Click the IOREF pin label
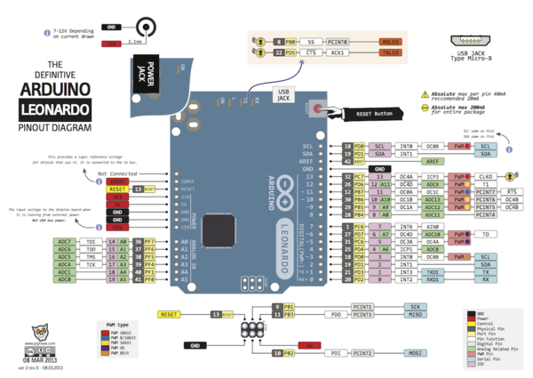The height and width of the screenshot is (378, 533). click(x=117, y=181)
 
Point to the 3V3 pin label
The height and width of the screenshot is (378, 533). click(x=117, y=197)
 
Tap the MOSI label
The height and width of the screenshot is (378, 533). click(x=415, y=353)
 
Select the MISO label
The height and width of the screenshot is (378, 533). click(x=415, y=314)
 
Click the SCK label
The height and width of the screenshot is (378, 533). click(x=415, y=306)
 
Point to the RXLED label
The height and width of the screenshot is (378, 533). click(x=389, y=42)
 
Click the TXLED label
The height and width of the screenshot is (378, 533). click(x=389, y=53)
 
